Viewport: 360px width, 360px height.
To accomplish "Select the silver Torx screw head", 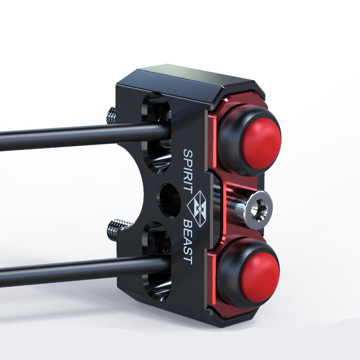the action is coord(258,210).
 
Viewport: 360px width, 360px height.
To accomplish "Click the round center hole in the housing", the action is coord(169,200).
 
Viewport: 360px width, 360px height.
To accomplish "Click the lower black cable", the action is coord(85,271).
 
